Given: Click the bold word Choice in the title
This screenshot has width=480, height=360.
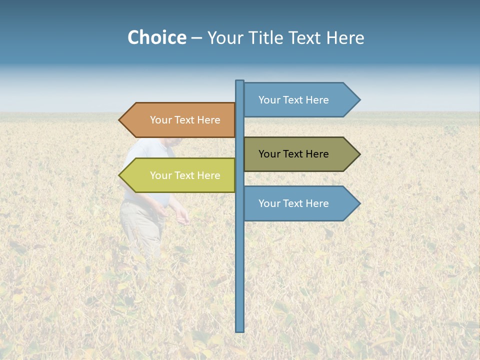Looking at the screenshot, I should click(156, 37).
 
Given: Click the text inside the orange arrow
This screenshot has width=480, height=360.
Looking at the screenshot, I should click(185, 120).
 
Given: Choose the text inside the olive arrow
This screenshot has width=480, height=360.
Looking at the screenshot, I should click(293, 154).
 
